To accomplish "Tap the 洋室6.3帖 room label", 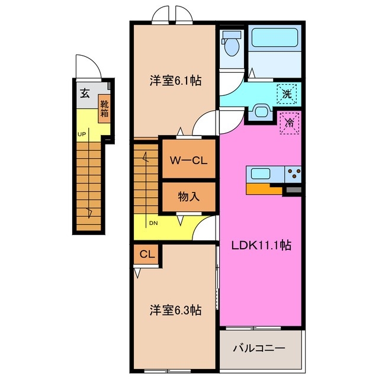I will [175, 310].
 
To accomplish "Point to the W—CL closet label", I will [189, 160].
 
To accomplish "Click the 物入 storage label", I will [189, 197].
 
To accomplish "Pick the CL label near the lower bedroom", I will [147, 255].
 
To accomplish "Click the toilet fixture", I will [231, 44].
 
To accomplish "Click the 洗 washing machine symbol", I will [287, 93].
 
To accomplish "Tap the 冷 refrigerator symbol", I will [290, 124].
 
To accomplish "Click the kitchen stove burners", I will [293, 174].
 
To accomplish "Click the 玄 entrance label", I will [85, 93].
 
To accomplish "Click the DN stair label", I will [153, 223].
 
